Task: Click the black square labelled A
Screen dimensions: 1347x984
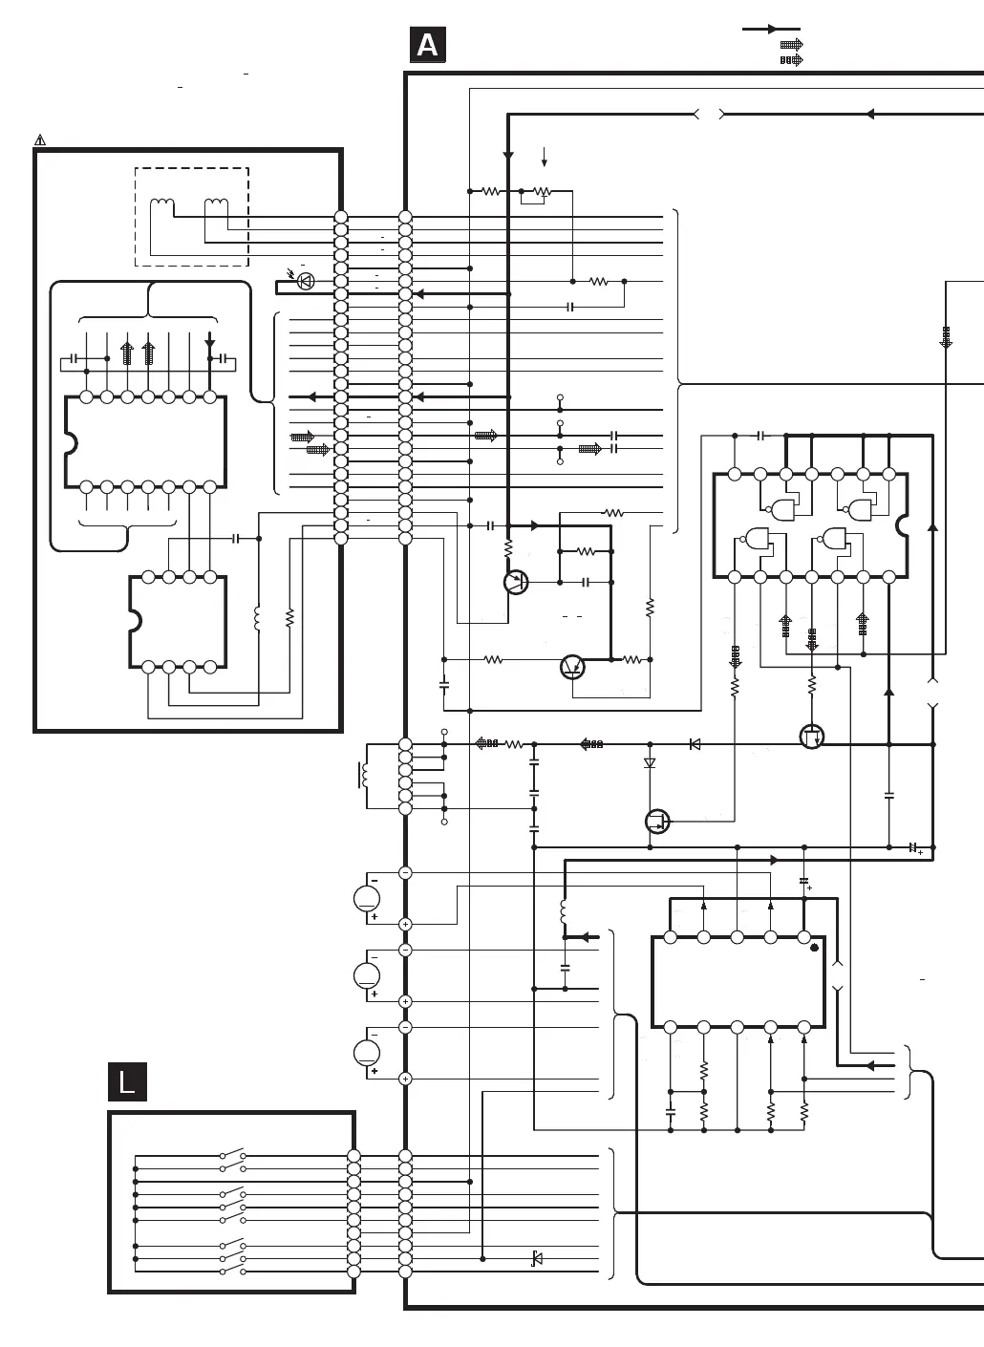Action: [x=428, y=45]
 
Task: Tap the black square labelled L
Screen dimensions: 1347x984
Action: [x=127, y=1081]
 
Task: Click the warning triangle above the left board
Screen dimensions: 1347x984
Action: [x=40, y=140]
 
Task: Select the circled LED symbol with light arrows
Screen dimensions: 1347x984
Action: [x=306, y=281]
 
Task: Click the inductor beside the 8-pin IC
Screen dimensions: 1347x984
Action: [x=257, y=618]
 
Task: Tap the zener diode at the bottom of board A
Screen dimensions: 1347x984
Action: [x=536, y=1259]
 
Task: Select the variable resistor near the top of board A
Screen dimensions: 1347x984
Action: [x=542, y=192]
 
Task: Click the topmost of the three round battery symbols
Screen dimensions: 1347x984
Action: [x=367, y=898]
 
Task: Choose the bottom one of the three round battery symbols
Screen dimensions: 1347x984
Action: [x=367, y=1053]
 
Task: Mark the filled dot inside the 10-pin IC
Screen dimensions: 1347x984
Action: [x=814, y=949]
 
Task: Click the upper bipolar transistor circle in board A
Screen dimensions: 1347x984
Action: [x=516, y=582]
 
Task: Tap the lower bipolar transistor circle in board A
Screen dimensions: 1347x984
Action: [x=572, y=667]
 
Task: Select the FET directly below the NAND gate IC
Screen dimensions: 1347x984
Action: [x=811, y=737]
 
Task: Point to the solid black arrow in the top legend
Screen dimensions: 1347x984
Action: [x=772, y=30]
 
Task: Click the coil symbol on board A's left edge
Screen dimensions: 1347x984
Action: [x=363, y=776]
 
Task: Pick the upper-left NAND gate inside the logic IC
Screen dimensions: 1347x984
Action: [x=785, y=506]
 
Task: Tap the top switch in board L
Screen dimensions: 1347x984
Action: [x=232, y=1153]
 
